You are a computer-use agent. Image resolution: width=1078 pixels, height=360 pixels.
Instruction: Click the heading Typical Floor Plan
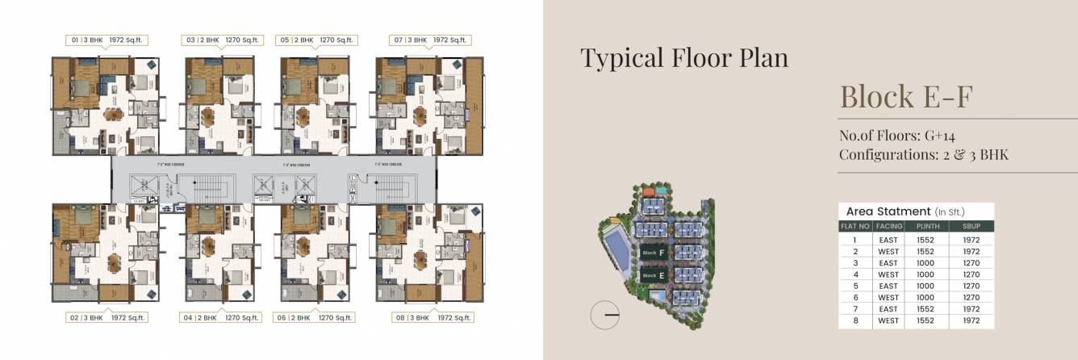click(x=684, y=58)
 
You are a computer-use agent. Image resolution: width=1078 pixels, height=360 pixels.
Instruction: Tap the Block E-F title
click(x=907, y=97)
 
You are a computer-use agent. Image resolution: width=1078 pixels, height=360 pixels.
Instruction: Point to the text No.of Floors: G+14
click(x=897, y=135)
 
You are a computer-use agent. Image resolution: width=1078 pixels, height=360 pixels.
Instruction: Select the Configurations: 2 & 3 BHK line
click(x=924, y=154)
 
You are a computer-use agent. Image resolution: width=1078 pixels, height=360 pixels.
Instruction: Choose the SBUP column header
click(x=971, y=227)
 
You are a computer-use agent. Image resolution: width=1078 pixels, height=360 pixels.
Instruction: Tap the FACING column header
click(x=888, y=227)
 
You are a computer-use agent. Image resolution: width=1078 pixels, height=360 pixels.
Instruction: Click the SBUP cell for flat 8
click(x=971, y=320)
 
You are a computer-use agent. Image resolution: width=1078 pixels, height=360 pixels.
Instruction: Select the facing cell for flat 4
click(x=888, y=274)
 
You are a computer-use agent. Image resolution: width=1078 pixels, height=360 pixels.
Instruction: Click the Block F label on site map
click(x=654, y=253)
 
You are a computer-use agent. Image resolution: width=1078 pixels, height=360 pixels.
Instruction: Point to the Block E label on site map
click(x=654, y=275)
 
